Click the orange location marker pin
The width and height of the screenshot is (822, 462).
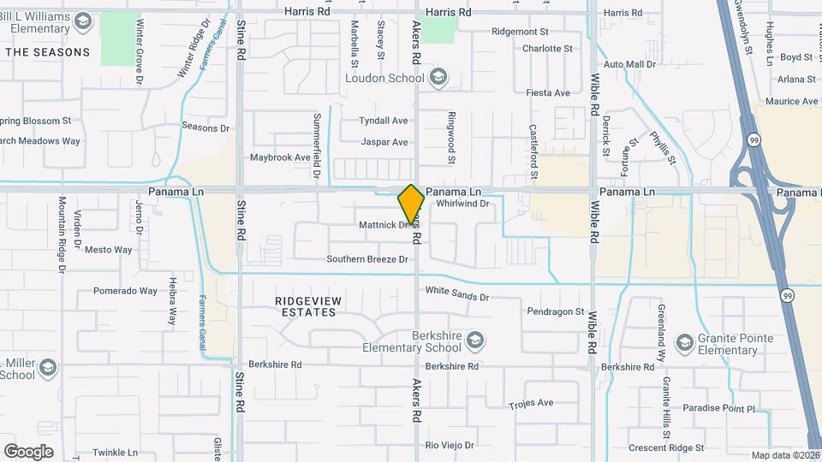coord(412,204)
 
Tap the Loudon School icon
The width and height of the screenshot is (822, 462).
coord(439,78)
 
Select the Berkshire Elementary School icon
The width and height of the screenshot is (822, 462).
coord(475,341)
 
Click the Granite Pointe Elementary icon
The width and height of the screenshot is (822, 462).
coord(683,344)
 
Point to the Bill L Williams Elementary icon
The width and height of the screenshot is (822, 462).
coord(83,21)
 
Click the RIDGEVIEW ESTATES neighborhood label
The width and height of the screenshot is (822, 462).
coord(306,306)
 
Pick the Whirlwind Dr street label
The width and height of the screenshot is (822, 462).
coord(462,204)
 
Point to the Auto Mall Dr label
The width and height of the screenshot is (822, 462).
coord(629,64)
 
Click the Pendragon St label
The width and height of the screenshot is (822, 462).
coord(556,311)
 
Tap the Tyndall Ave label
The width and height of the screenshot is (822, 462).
coord(384,121)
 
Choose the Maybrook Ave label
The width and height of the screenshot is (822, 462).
coord(280,157)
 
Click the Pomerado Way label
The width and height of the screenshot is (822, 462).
coord(126,291)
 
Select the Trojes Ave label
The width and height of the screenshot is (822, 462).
coord(531,403)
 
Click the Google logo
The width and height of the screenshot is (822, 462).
coord(28,451)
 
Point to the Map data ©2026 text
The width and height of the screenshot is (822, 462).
coord(785,455)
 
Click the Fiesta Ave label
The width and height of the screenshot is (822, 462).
coord(548,92)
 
